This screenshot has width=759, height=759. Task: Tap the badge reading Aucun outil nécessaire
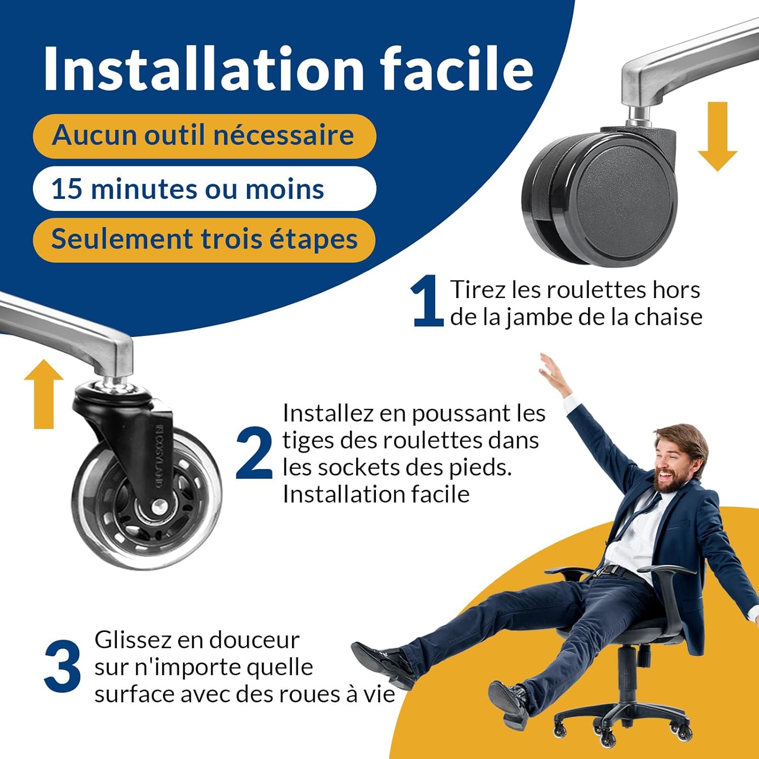204,136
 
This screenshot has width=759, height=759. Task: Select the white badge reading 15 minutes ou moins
204,189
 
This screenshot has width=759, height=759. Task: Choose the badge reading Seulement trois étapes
204,239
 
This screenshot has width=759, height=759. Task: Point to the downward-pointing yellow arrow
717,137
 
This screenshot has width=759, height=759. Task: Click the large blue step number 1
427,302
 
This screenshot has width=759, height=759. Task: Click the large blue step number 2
254,453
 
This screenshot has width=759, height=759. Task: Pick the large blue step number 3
62,666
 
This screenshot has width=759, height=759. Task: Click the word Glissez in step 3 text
133,641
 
